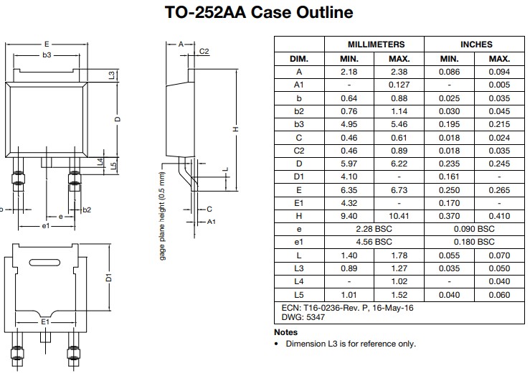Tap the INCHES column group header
pyautogui.click(x=476, y=44)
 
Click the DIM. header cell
pyautogui.click(x=298, y=58)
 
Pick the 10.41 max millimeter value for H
pyautogui.click(x=399, y=215)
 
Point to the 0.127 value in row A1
pyautogui.click(x=399, y=85)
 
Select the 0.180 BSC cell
pyautogui.click(x=476, y=242)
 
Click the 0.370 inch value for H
pyautogui.click(x=450, y=215)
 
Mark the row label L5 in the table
pyautogui.click(x=298, y=294)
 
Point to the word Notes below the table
pyautogui.click(x=285, y=332)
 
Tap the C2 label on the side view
pyautogui.click(x=204, y=51)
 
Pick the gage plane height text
pyautogui.click(x=163, y=215)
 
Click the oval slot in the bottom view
pyautogui.click(x=44, y=260)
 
